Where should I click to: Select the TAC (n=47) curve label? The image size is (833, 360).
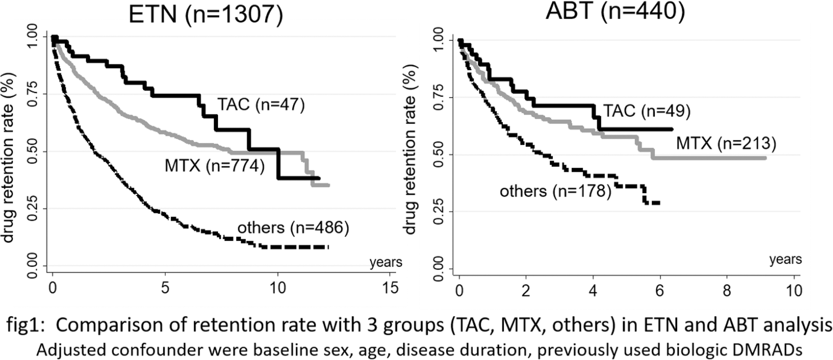[x=261, y=105]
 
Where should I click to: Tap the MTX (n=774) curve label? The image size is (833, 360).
[x=214, y=166]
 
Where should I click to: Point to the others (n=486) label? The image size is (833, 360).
[x=293, y=228]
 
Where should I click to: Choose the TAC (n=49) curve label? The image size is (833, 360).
[x=647, y=111]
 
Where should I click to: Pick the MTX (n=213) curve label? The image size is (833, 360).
[x=726, y=144]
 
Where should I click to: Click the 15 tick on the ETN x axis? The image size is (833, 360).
[x=390, y=288]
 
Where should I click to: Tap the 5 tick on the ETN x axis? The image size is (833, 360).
[x=165, y=288]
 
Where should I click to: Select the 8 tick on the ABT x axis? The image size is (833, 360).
[x=727, y=291]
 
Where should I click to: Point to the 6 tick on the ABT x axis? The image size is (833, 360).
[x=660, y=291]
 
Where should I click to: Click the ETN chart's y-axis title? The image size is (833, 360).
[x=8, y=158]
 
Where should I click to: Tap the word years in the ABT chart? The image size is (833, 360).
[x=785, y=260]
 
